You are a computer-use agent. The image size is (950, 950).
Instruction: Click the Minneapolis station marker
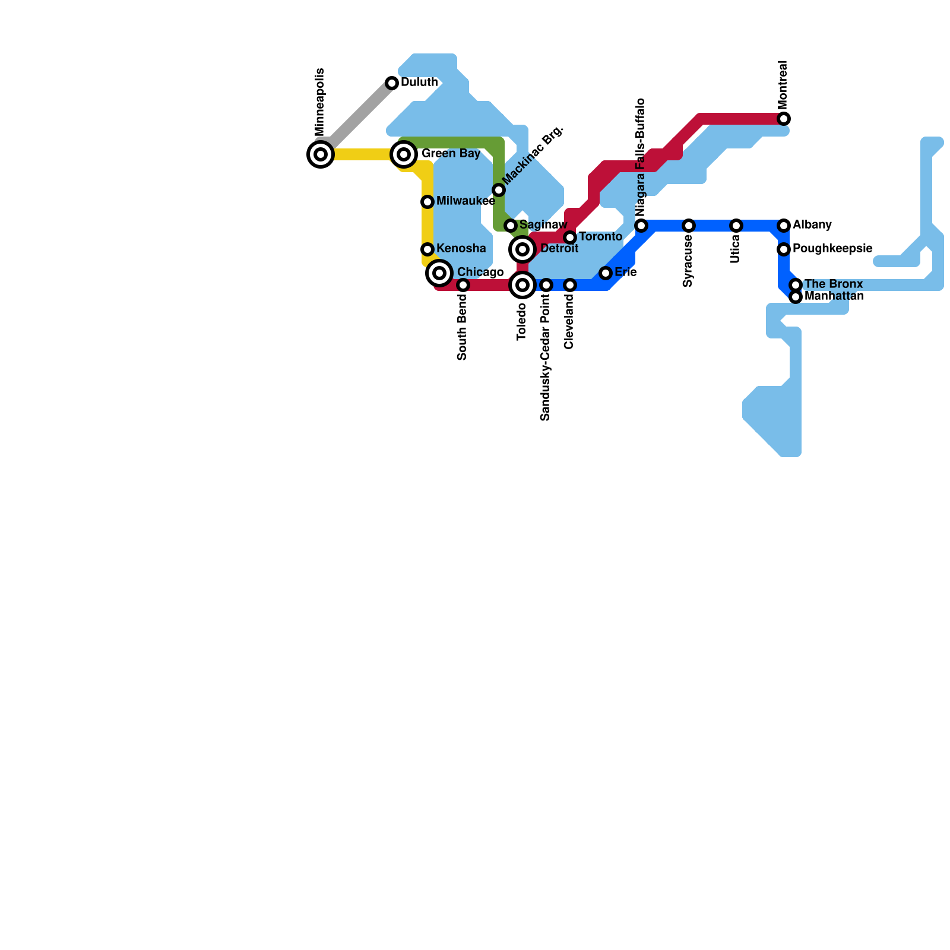coord(321,154)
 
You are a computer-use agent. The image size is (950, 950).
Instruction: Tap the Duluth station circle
coord(392,83)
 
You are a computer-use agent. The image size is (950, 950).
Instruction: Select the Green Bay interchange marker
coord(404,154)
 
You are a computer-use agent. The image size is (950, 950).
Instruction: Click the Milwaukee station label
coord(465,202)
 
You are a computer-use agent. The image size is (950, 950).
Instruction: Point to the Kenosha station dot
coord(427,249)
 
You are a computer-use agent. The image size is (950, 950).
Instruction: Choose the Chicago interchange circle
coord(439,273)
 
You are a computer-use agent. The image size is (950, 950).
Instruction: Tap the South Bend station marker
coord(463,285)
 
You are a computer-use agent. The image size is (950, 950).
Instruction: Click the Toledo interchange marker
coord(522,285)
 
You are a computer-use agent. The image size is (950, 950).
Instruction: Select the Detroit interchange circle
coord(522,249)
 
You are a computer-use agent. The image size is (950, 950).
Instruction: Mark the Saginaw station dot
coord(511,226)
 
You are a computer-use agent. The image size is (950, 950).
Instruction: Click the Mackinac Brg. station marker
coord(499,190)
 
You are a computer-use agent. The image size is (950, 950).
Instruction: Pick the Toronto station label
coord(600,237)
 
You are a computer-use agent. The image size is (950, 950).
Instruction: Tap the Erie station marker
coord(606,273)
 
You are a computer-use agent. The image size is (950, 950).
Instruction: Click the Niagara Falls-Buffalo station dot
coord(641,226)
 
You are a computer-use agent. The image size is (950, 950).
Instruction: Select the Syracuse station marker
coord(689,226)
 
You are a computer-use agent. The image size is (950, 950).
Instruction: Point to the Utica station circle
coord(736,226)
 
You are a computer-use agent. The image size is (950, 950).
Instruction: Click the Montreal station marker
coord(784,119)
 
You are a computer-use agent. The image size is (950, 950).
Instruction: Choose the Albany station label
coord(812,225)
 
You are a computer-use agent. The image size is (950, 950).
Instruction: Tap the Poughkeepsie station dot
coord(784,249)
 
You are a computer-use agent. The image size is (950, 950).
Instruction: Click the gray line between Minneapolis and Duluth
coord(356,119)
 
